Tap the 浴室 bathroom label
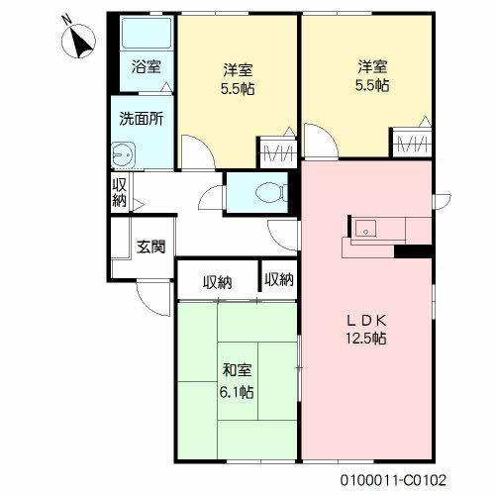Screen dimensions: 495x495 147,66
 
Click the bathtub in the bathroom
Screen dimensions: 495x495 147,33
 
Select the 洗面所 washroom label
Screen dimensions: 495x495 142,119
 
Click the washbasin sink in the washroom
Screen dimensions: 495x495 124,154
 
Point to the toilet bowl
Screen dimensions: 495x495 270,192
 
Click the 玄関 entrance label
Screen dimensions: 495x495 150,247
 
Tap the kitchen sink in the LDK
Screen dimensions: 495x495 365,229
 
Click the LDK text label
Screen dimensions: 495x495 366,320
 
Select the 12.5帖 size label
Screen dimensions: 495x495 366,338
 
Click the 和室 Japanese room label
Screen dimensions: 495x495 237,370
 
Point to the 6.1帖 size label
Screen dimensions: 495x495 237,392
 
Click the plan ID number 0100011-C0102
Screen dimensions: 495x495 393,480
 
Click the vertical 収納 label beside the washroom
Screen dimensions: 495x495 119,192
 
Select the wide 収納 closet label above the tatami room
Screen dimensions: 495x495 217,282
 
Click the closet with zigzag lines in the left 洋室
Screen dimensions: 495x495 278,152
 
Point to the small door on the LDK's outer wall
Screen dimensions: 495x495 443,201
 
